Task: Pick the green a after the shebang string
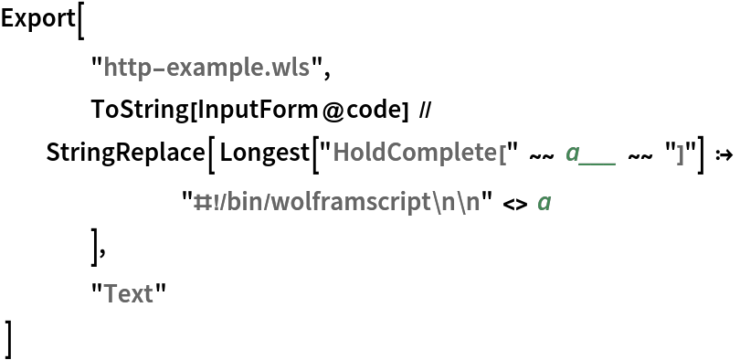tap(544, 203)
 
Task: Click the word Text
tap(128, 293)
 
